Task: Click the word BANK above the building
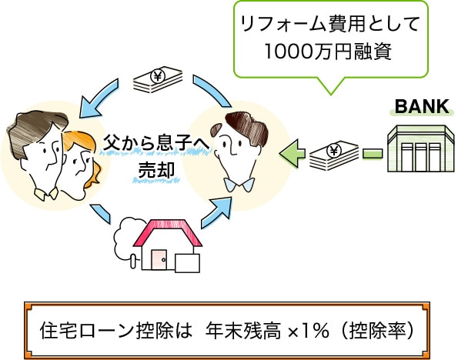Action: (x=422, y=106)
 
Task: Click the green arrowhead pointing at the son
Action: (x=289, y=154)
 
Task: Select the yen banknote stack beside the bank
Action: (x=334, y=155)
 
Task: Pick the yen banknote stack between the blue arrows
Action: (x=158, y=79)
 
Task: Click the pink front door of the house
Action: (x=159, y=259)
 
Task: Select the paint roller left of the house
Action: (x=134, y=261)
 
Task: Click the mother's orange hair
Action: (x=84, y=152)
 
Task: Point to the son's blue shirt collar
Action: (x=239, y=185)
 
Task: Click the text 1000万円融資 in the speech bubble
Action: (x=328, y=52)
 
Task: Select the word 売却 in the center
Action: (x=156, y=170)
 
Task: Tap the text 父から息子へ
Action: (x=156, y=142)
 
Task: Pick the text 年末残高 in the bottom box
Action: (x=243, y=331)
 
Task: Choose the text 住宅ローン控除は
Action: (x=116, y=331)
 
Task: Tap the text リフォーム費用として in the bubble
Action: (x=330, y=23)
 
